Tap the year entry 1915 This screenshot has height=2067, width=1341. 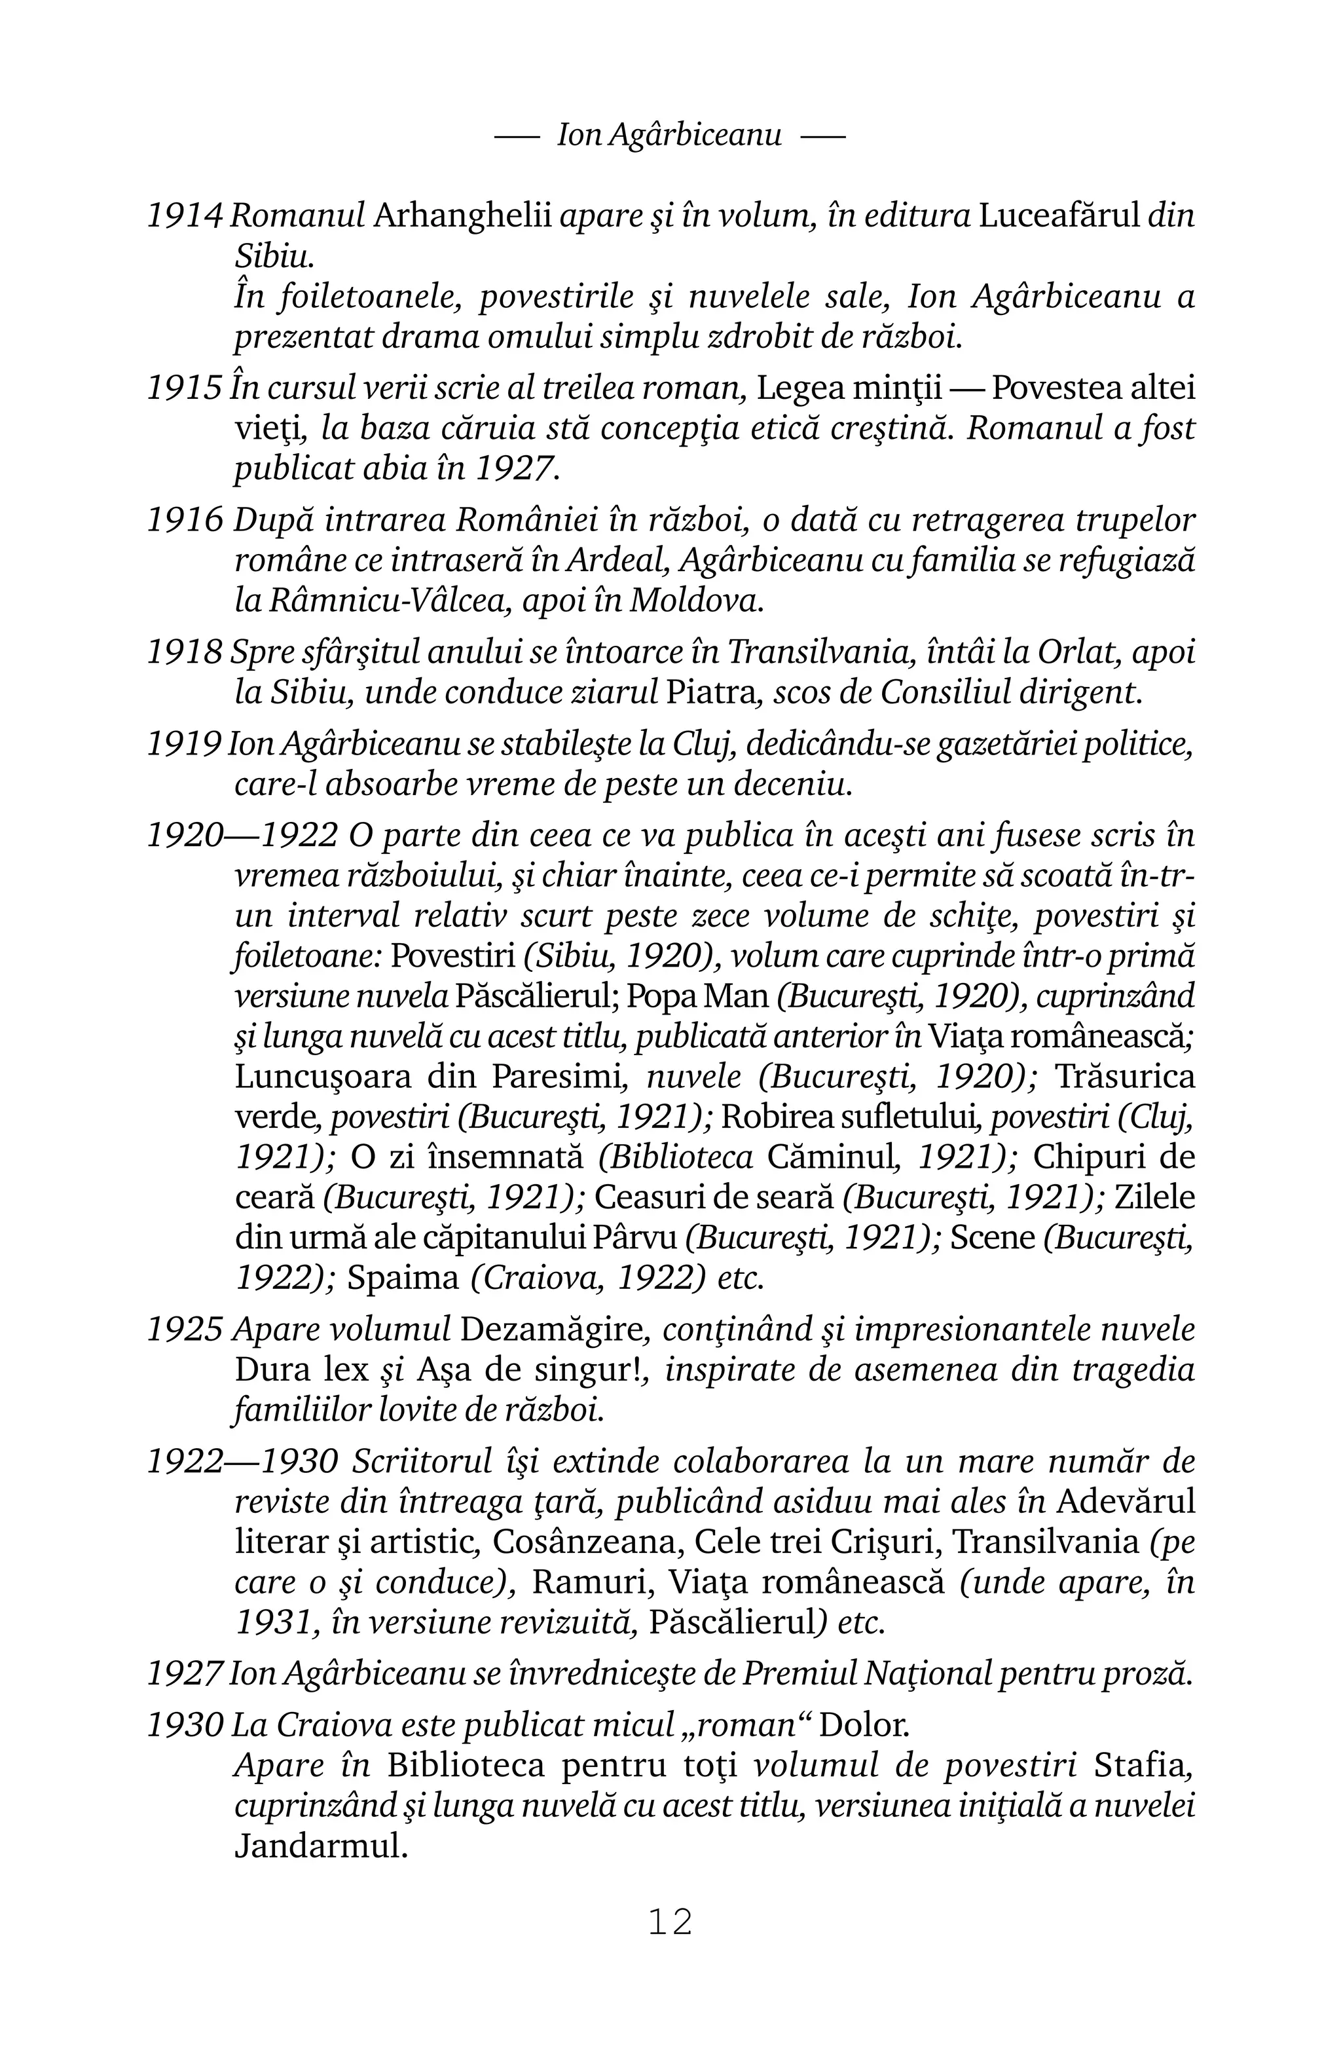[x=184, y=388]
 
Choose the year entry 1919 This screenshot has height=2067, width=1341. [x=184, y=744]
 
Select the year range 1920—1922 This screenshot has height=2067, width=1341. [x=242, y=836]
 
